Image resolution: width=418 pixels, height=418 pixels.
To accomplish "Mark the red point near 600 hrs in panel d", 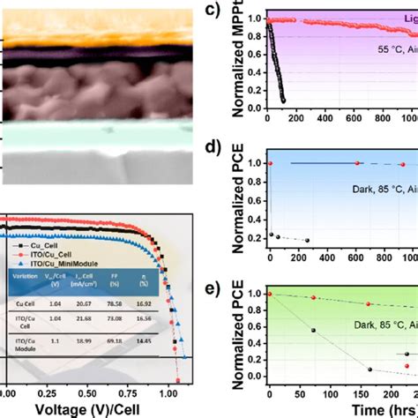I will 357,163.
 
